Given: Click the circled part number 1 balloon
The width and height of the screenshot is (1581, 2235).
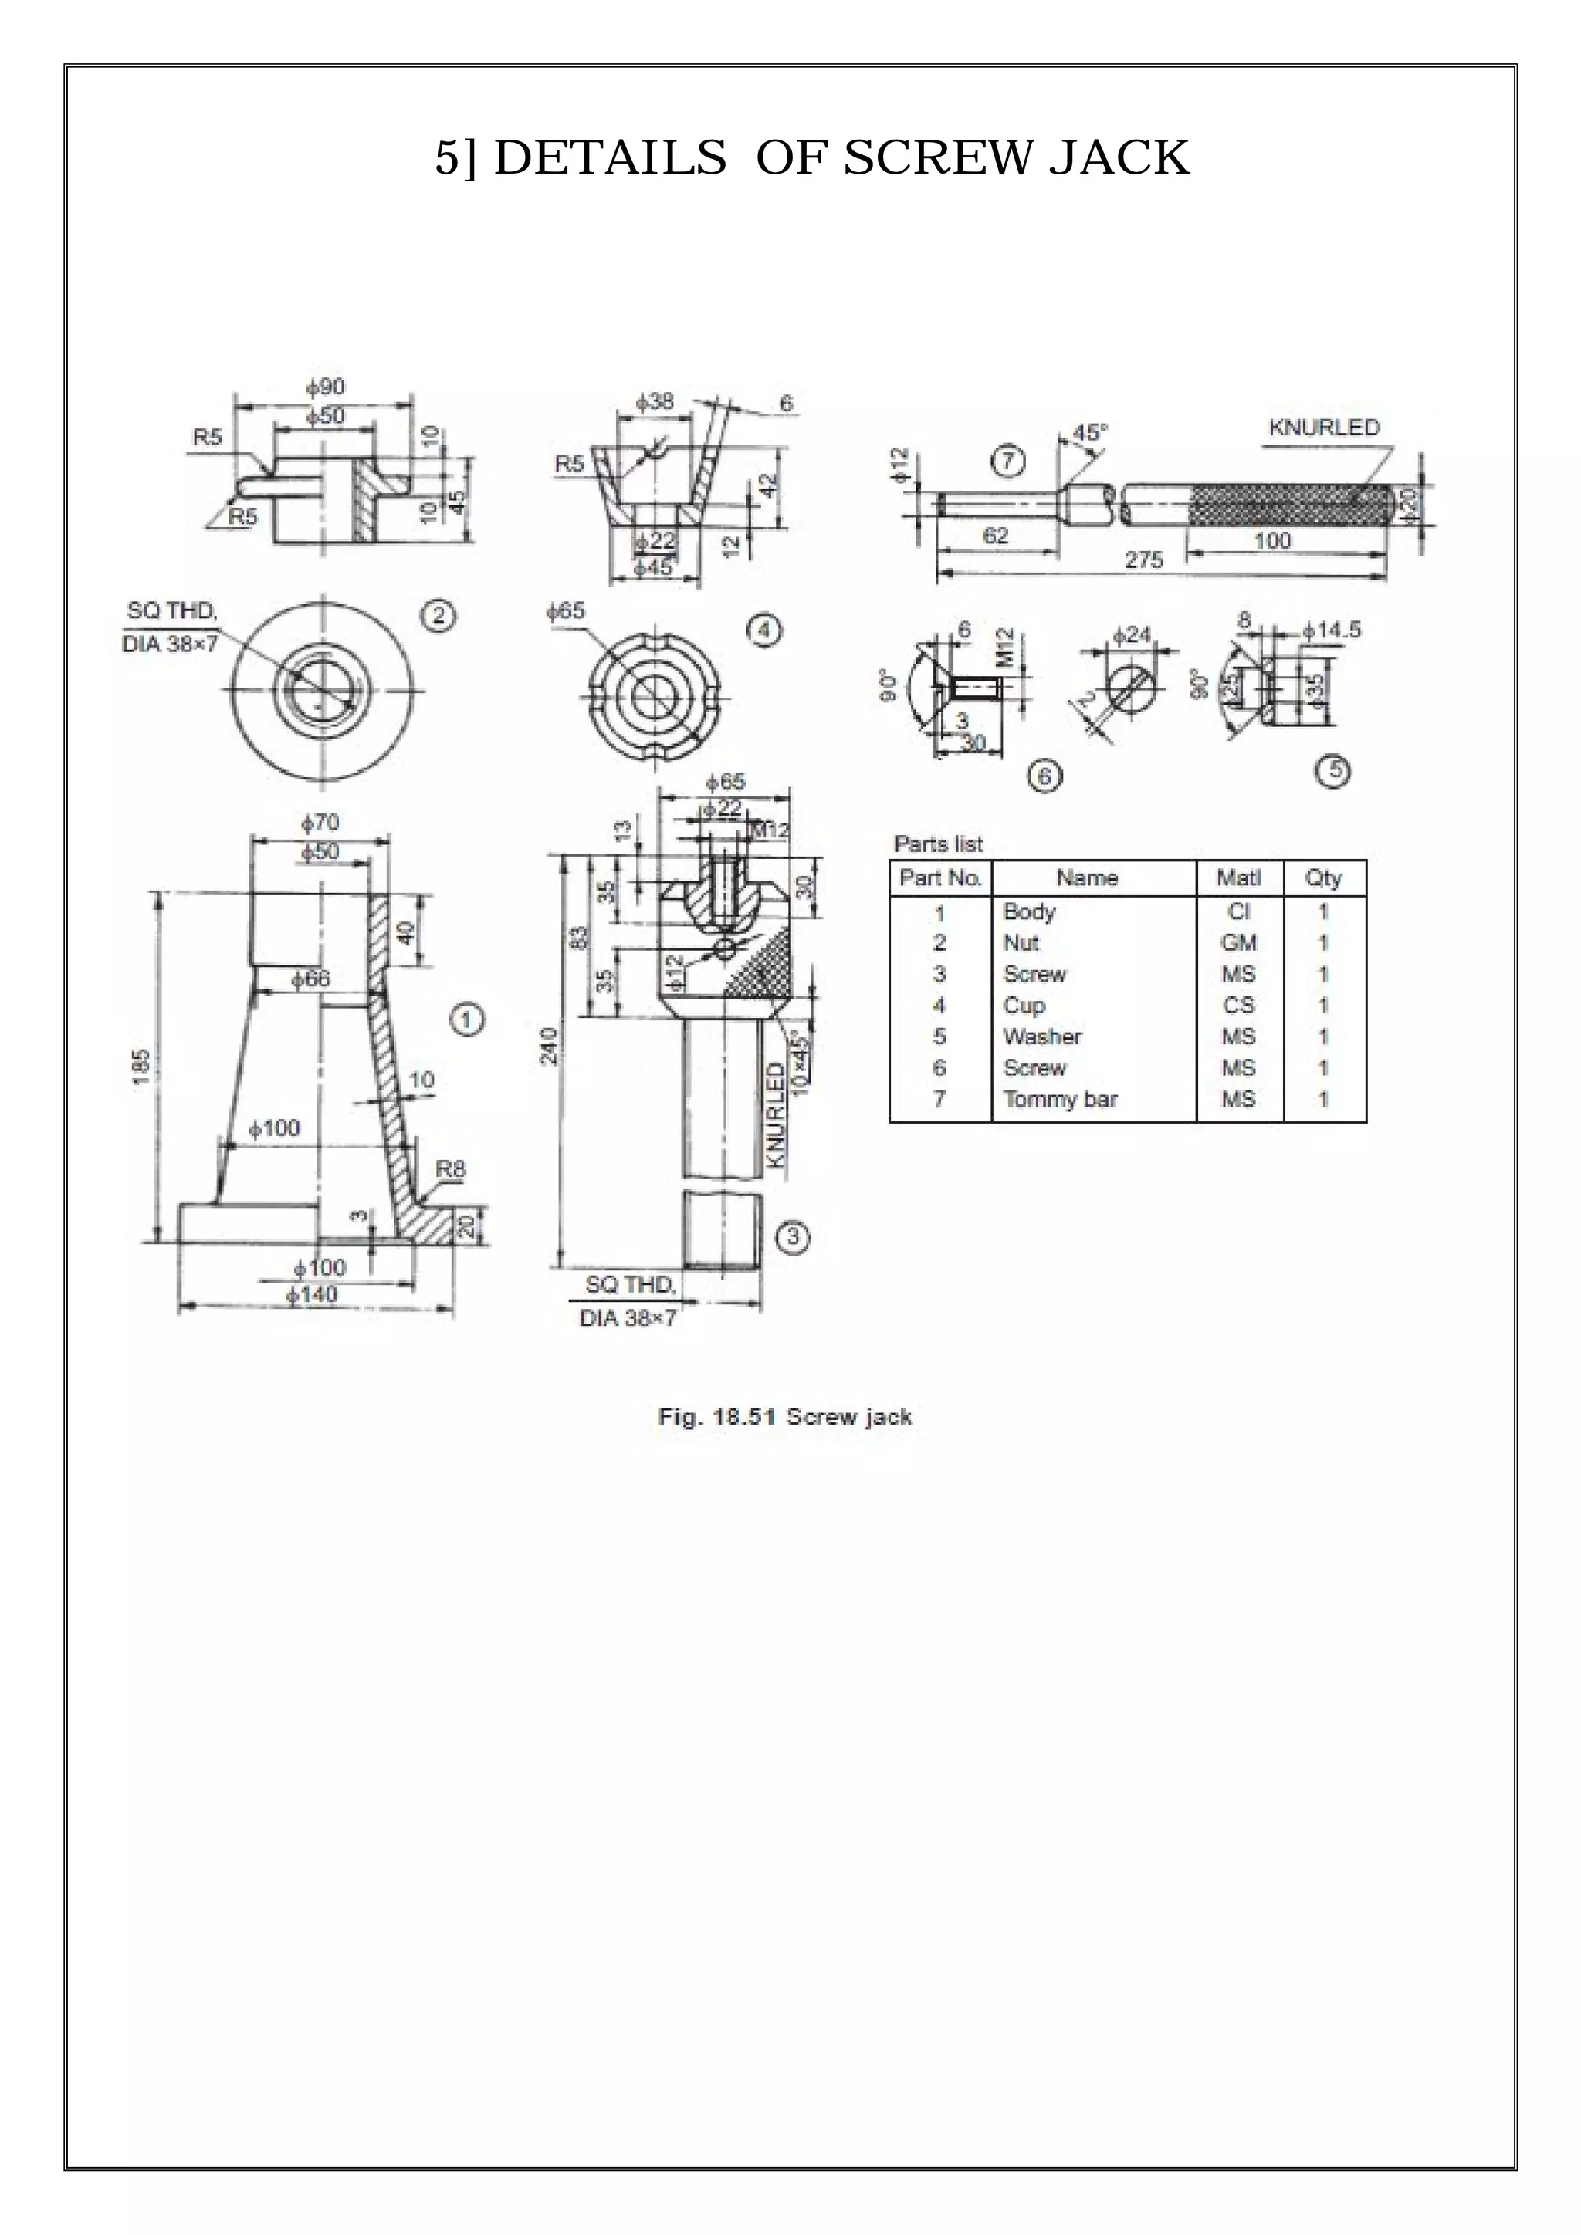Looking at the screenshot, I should (x=467, y=1020).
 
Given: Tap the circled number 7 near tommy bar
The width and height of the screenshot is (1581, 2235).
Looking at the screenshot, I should (x=1007, y=461).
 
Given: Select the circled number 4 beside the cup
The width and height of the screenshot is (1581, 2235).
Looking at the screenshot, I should (x=763, y=631).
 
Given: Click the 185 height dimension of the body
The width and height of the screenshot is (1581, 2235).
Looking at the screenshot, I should (x=142, y=1066).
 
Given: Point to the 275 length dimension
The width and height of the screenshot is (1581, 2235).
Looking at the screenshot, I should (x=1143, y=561).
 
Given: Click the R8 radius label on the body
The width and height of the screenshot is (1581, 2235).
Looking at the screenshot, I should (x=450, y=1169).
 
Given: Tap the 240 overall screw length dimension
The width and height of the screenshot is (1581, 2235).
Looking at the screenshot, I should (x=549, y=1046).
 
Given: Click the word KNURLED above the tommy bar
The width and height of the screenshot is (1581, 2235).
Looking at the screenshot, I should (x=1324, y=428).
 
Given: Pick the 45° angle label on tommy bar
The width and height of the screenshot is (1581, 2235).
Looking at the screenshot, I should (x=1089, y=432).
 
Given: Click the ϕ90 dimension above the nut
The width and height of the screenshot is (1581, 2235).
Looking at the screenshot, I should (x=325, y=387).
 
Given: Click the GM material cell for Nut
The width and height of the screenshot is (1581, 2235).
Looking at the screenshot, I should (x=1238, y=942).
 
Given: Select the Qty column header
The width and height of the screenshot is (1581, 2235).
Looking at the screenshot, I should (x=1323, y=878).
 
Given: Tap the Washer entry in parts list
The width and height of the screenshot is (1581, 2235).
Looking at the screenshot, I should (x=1041, y=1036).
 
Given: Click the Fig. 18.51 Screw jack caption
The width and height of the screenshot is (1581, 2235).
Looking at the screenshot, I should (x=784, y=1416).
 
